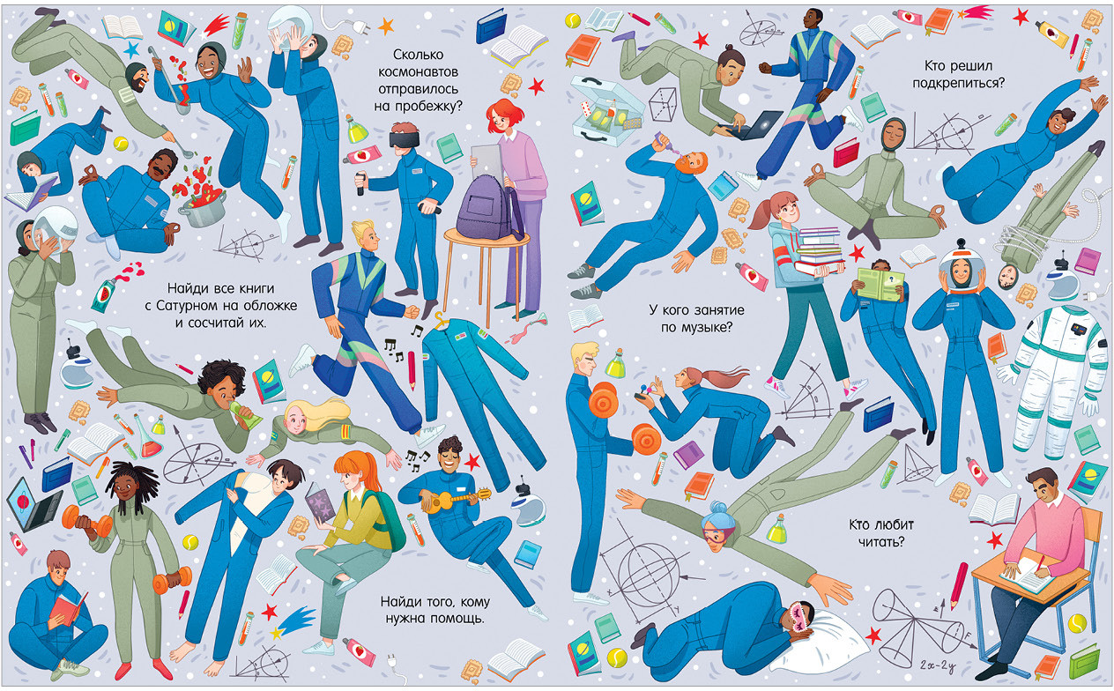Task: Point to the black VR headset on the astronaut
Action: [404, 138]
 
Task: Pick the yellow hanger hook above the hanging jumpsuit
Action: [439, 320]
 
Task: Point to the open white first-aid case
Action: [605, 111]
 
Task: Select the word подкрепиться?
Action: [958, 83]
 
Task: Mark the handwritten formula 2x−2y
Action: [938, 665]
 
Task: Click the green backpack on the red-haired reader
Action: [390, 517]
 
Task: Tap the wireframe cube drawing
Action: [663, 105]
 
